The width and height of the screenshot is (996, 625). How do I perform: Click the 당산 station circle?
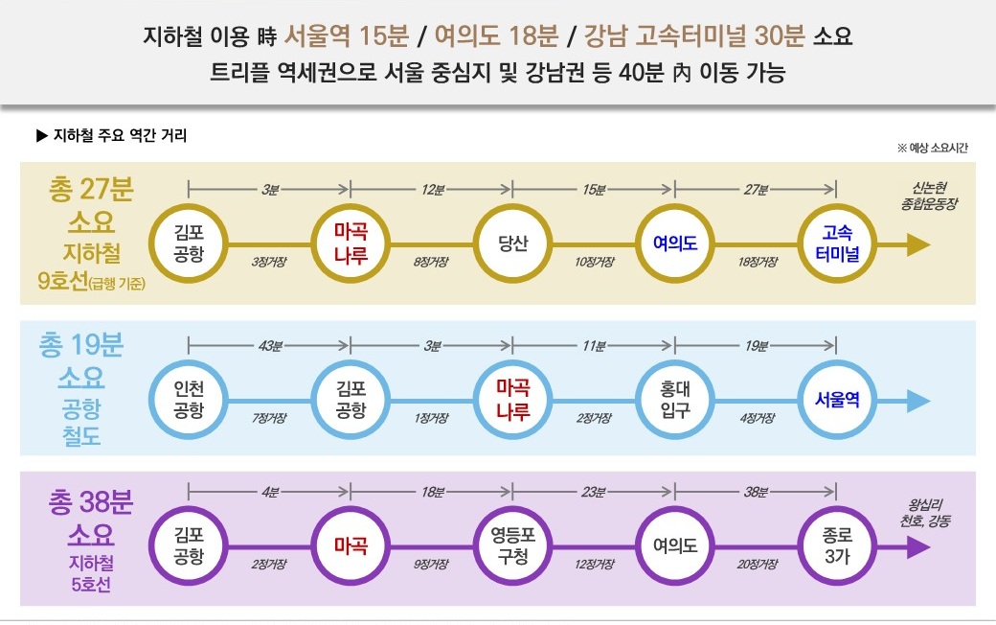click(x=513, y=244)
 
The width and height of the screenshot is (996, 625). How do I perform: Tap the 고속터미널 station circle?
click(x=837, y=244)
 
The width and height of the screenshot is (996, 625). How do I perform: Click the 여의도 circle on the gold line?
click(x=675, y=244)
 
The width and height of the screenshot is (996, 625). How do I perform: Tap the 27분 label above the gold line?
click(x=756, y=190)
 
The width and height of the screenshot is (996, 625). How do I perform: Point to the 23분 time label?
click(x=594, y=493)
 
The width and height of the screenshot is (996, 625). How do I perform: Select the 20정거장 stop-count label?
click(x=756, y=565)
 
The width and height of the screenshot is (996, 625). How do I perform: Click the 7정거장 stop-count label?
click(x=270, y=418)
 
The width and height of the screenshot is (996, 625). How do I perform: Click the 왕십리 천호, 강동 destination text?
click(x=930, y=514)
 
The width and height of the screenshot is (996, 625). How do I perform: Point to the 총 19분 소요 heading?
click(x=86, y=360)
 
